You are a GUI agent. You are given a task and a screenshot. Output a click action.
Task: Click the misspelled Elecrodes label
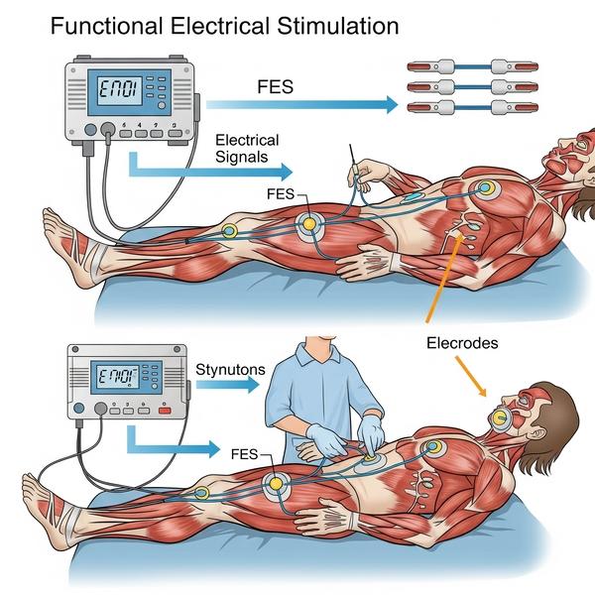tap(462, 344)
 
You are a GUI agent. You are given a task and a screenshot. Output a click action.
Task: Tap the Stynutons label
tap(231, 370)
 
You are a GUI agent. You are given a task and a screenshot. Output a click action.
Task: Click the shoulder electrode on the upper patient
tap(484, 188)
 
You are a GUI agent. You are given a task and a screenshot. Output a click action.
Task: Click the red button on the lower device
tap(166, 408)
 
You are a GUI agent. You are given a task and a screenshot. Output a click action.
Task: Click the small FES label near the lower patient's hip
tap(244, 453)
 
